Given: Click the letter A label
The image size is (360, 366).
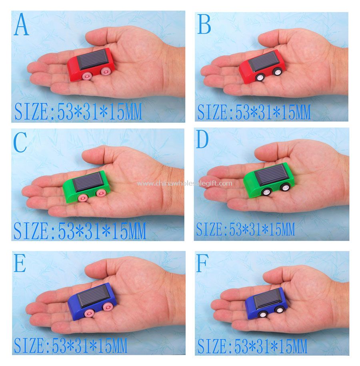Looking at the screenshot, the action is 21,24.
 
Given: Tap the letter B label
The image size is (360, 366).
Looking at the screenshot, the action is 204,24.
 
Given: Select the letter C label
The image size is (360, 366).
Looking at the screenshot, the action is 20,142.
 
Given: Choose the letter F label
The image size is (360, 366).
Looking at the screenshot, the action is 202,263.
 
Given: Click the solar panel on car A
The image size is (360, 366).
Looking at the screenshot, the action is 92,59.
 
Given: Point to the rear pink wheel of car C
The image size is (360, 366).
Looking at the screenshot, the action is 101,193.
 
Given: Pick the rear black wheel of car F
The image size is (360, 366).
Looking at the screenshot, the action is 279,309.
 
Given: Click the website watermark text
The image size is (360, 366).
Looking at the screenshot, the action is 184,184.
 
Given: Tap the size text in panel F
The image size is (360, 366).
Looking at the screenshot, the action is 252,346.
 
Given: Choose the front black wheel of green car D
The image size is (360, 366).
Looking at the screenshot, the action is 266,192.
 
